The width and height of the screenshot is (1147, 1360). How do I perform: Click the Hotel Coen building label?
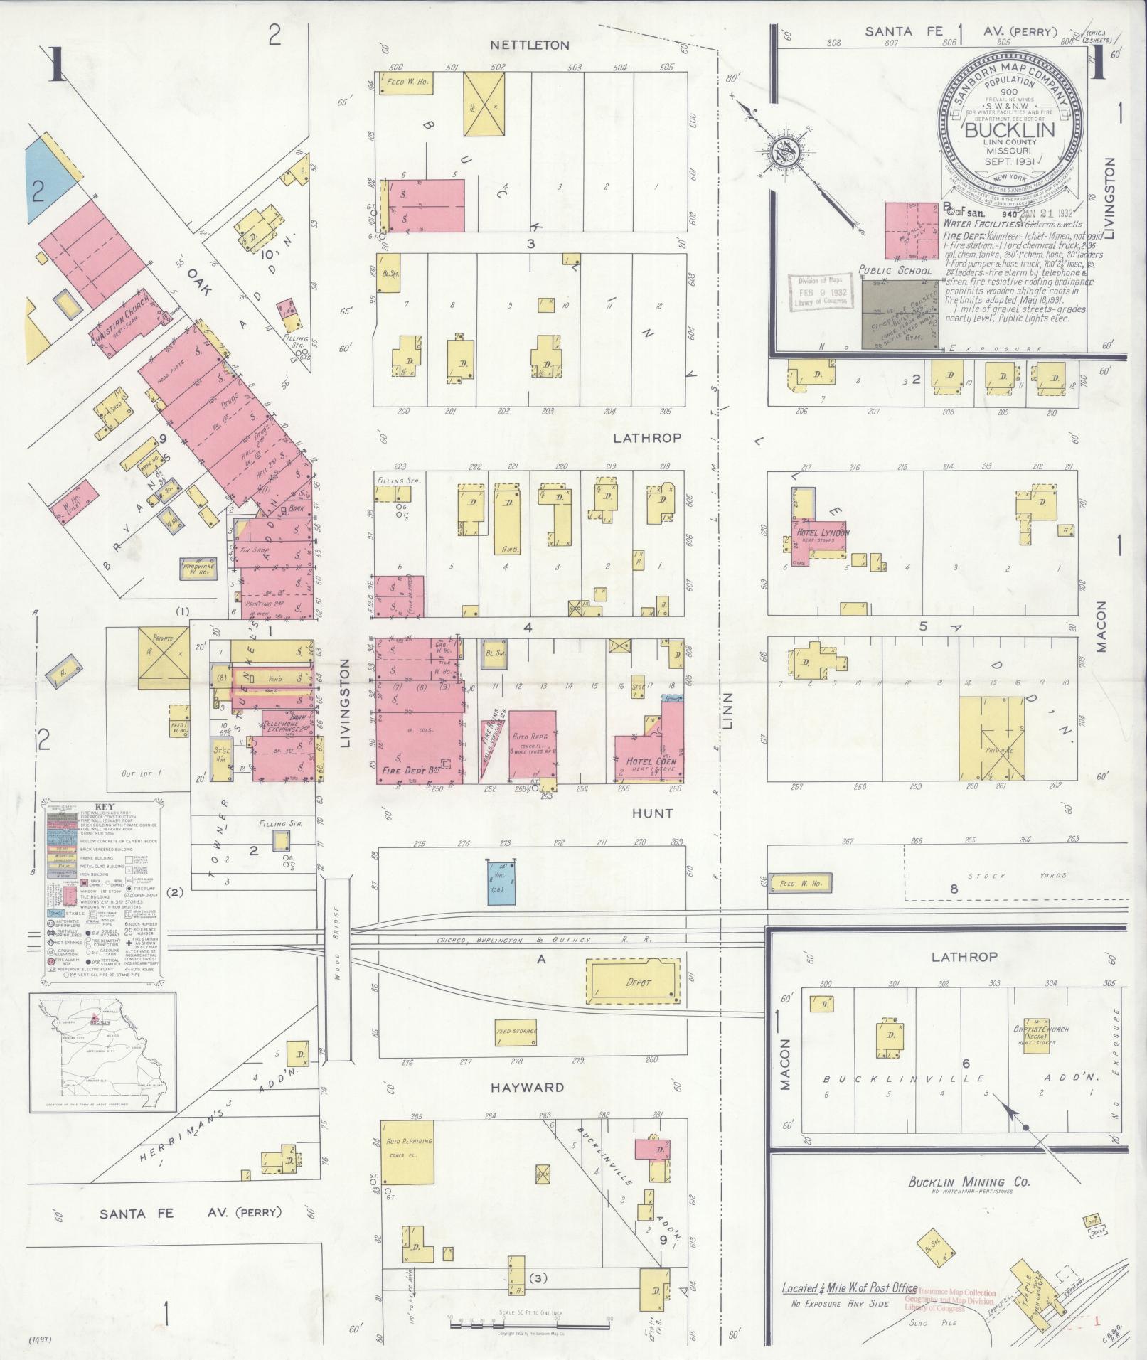(x=651, y=761)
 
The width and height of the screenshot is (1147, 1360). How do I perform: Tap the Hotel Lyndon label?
(x=821, y=532)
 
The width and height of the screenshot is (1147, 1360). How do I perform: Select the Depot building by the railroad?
(x=631, y=982)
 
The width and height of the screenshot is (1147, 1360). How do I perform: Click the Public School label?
(x=895, y=270)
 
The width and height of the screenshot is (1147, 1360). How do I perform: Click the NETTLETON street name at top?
(x=530, y=45)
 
